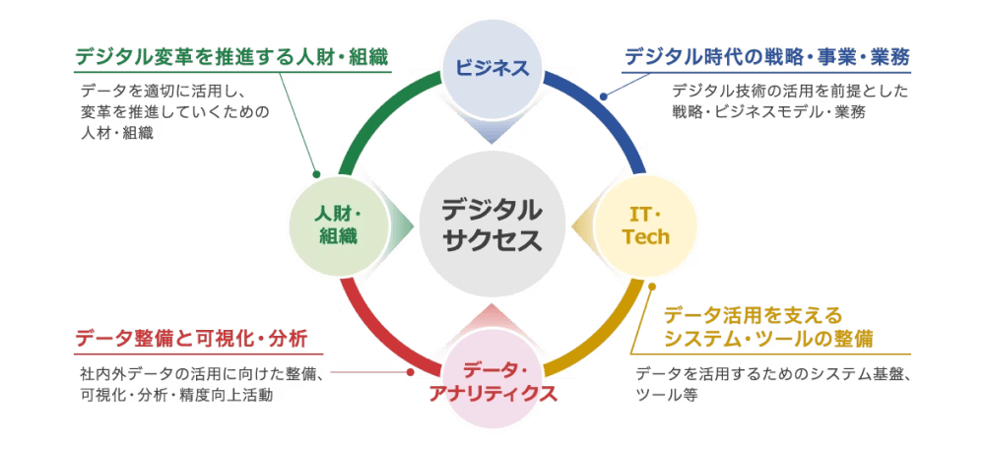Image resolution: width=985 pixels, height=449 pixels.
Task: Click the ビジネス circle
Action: pyautogui.click(x=492, y=68)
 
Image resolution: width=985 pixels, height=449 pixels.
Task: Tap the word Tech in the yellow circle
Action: pyautogui.click(x=647, y=237)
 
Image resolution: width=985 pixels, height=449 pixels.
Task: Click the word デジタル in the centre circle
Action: pyautogui.click(x=492, y=211)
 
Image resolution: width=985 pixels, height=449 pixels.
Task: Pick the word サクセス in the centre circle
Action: pyautogui.click(x=492, y=239)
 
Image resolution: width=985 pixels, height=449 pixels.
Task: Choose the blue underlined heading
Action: pyautogui.click(x=767, y=57)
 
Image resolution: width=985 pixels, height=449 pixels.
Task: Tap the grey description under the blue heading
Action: pyautogui.click(x=788, y=102)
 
